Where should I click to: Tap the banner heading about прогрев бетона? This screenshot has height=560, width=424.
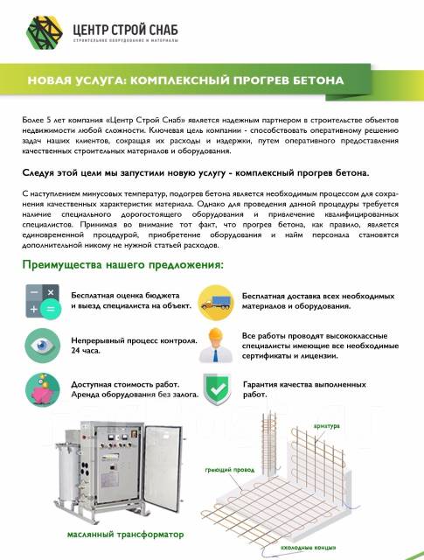(185, 80)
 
